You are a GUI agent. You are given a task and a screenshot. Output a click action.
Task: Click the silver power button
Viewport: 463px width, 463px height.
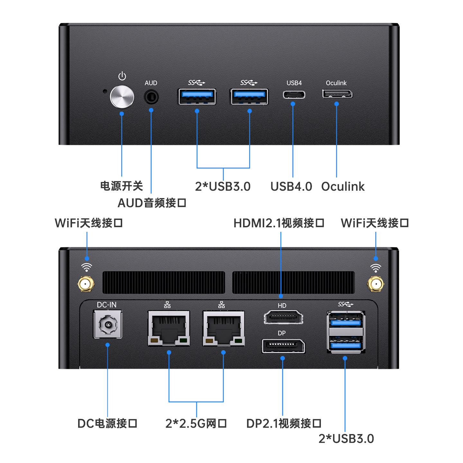coord(122,97)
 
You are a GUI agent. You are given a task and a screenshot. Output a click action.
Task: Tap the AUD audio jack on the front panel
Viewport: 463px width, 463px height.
coord(151,97)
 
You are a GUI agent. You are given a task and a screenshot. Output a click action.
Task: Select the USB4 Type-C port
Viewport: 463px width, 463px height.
coord(294,95)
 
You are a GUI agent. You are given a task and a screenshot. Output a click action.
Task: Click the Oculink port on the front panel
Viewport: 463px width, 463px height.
coord(337,94)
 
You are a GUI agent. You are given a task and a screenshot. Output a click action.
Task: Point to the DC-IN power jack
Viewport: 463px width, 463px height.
coord(108,325)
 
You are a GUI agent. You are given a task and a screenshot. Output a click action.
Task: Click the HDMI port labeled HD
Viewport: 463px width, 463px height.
coord(283,317)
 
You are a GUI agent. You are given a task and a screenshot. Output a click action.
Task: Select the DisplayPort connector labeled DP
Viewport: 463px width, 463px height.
coord(283,346)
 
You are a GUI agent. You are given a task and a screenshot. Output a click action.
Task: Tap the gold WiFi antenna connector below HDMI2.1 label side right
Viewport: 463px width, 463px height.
coord(375,284)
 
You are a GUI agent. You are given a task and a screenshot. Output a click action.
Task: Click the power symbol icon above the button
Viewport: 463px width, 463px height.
coord(122,76)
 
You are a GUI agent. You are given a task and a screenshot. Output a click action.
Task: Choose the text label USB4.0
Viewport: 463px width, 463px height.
coord(291,186)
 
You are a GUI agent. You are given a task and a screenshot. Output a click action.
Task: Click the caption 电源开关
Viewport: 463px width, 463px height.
coord(121,186)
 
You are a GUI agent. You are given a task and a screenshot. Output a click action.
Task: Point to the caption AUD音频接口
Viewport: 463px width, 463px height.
coord(152,203)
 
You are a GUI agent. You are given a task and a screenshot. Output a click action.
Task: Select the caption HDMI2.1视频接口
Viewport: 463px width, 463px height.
coord(279,223)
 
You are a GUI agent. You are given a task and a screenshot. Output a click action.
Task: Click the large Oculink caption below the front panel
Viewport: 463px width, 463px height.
coord(343,186)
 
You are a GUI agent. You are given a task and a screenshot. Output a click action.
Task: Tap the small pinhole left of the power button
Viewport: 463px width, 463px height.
coord(104,91)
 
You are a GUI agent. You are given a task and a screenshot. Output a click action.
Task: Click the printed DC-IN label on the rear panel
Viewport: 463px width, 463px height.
coord(106,305)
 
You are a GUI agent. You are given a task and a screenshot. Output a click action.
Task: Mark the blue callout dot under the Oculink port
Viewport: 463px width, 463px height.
coord(336,104)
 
